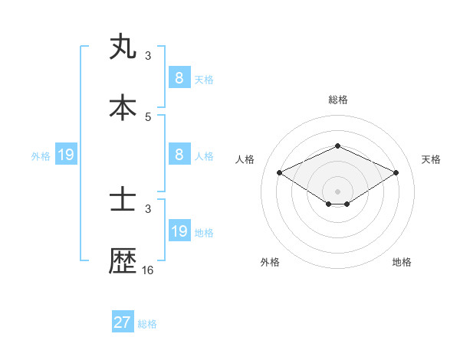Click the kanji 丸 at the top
click(123, 47)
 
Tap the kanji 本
click(123, 108)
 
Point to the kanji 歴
click(123, 261)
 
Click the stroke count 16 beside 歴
click(148, 270)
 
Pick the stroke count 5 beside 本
click(148, 117)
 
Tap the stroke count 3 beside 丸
click(148, 56)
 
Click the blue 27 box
click(123, 322)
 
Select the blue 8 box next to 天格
click(179, 77)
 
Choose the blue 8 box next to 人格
click(179, 154)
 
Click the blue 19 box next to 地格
click(179, 231)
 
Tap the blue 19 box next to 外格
click(66, 155)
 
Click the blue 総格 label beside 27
click(147, 324)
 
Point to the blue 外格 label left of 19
click(41, 156)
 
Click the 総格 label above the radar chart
click(338, 100)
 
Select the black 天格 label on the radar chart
click(431, 159)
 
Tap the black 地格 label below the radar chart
click(402, 262)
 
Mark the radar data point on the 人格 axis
click(280, 173)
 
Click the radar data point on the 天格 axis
click(396, 173)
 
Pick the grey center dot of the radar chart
click(338, 191)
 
